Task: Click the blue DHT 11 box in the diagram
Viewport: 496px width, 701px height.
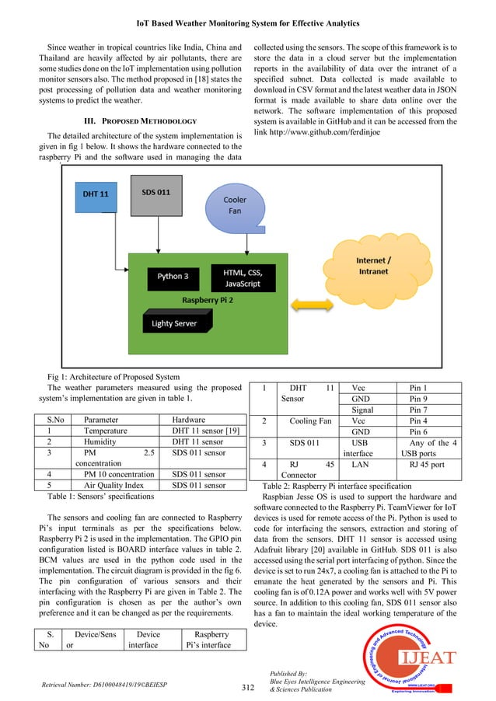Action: (96, 194)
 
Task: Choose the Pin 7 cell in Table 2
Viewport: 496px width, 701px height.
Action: (419, 410)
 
